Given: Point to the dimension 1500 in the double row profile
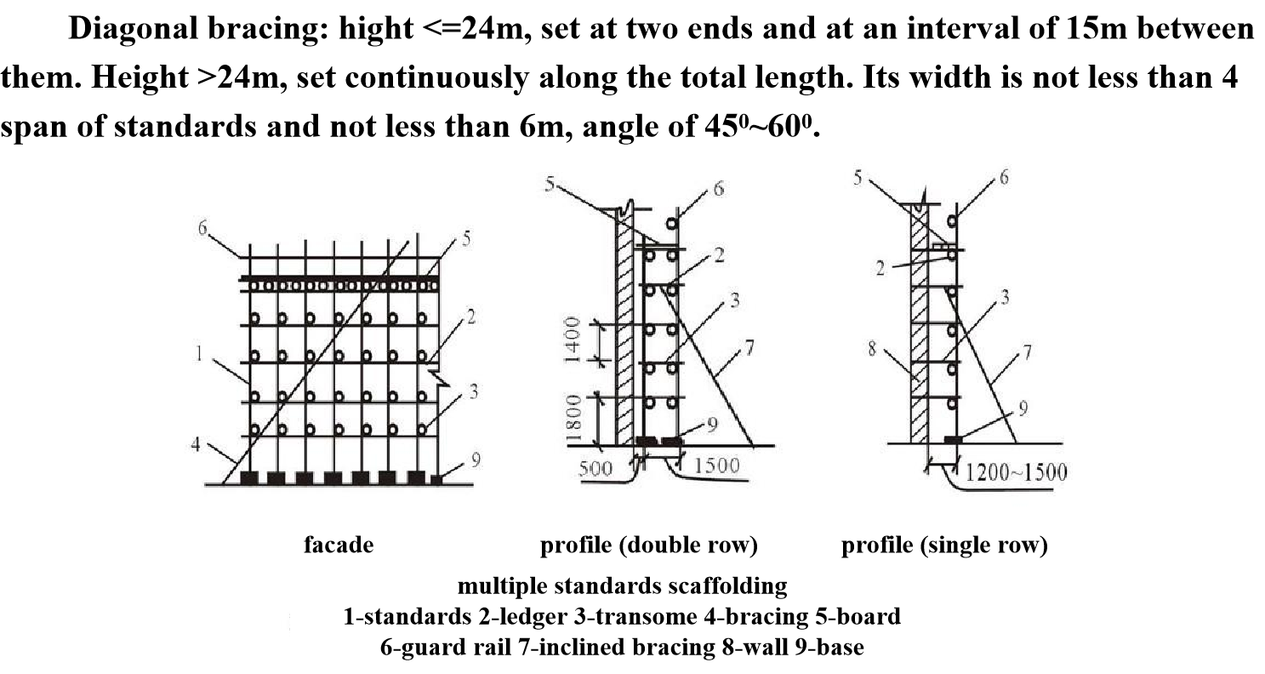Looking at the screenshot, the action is pos(716,466).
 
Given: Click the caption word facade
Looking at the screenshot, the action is pos(339,545).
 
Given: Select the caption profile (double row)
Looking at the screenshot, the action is pos(649,545).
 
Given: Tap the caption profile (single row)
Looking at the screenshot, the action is pos(944,545).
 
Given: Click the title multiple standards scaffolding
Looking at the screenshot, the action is pos(622,586).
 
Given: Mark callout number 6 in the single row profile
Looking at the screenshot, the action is pos(1005,180).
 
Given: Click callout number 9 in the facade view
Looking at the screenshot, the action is pos(476,461).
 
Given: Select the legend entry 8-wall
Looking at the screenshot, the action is pos(755,648).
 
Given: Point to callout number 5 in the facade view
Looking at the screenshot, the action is pos(466,241).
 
